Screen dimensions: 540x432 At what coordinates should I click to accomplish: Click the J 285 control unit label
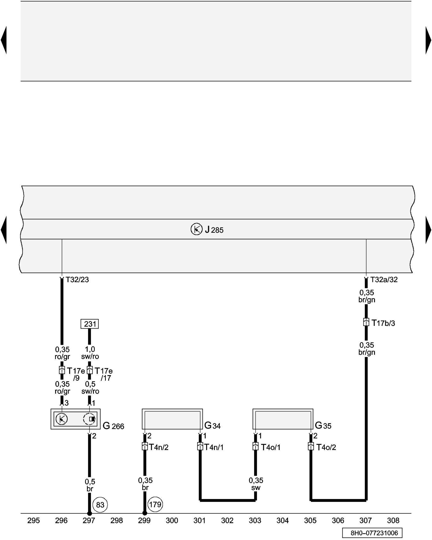coord(214,230)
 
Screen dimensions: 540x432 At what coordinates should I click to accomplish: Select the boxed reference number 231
coord(90,324)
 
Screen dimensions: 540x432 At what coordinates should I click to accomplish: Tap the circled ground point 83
coord(100,505)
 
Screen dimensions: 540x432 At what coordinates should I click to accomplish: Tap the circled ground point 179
coord(155,504)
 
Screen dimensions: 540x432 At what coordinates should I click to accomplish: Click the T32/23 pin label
coord(77,280)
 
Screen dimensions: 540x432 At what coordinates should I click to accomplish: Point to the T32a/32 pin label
coord(384,280)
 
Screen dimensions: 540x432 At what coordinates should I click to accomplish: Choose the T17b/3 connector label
coord(383,323)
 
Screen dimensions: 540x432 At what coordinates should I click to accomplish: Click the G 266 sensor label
coord(113,426)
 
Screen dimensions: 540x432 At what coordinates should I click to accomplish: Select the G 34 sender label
coord(212,426)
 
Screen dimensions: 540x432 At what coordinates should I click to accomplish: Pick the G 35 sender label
coord(323,426)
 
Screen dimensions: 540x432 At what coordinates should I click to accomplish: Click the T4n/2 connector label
coord(159,447)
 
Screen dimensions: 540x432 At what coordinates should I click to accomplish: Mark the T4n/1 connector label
coord(214,447)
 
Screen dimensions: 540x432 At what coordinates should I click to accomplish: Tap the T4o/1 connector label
coord(271,447)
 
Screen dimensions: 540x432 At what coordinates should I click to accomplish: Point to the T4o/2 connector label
coord(326,447)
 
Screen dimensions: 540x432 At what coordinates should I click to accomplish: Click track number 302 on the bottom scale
coord(227,520)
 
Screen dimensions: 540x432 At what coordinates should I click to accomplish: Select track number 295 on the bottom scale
coord(33,520)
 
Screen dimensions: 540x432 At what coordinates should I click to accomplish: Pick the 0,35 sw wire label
coord(256,484)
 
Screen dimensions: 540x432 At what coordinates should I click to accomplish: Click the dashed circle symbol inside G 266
coord(89,419)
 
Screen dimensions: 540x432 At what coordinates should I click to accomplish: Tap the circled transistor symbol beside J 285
coord(196,229)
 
